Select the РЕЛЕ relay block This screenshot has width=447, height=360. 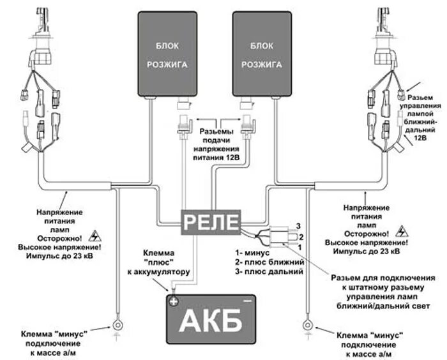tap(210, 223)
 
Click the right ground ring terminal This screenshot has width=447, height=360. tap(307, 326)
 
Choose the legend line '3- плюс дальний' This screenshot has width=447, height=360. tap(268, 271)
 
